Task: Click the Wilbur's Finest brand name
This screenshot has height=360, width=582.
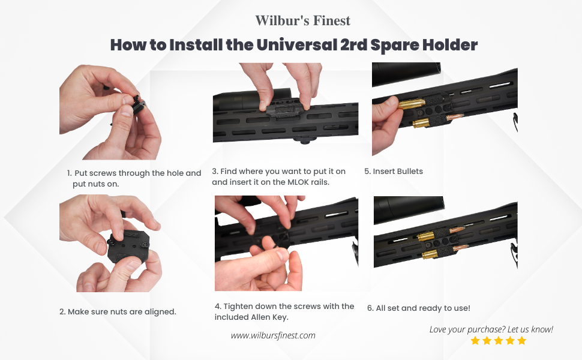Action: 302,21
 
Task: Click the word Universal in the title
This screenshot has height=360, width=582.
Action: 296,45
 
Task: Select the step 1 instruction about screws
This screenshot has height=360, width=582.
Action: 134,178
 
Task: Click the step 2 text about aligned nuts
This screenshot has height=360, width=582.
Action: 118,312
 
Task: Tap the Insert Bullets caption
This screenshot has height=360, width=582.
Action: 394,172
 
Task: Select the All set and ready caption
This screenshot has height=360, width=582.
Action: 419,308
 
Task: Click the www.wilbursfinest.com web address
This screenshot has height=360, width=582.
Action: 273,335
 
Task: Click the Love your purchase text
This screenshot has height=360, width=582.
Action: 491,329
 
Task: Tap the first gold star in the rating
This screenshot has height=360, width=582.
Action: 475,341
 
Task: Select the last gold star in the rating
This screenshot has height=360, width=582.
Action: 522,341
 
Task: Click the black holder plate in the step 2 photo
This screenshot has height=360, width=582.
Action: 128,247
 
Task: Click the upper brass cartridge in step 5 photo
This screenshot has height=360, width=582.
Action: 412,104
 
